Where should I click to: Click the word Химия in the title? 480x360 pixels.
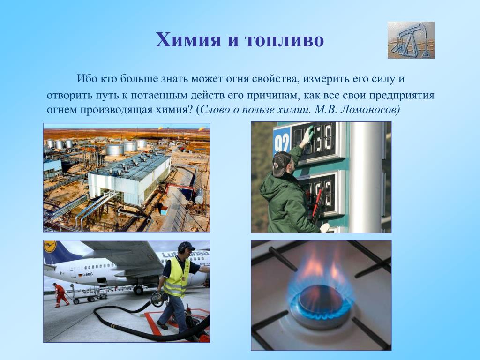pos(188,39)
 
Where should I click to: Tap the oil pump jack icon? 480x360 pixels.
pos(411,40)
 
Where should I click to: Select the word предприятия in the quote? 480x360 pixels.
pos(401,95)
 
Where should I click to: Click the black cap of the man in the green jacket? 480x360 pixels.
pos(281,163)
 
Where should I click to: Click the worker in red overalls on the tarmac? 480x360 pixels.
pos(60,295)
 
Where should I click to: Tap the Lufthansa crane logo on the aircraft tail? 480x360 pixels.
pos(50,247)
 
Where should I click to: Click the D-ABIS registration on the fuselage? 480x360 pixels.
pos(88,274)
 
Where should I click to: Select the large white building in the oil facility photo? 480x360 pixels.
pos(129,179)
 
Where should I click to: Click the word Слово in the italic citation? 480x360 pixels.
pos(216,109)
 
